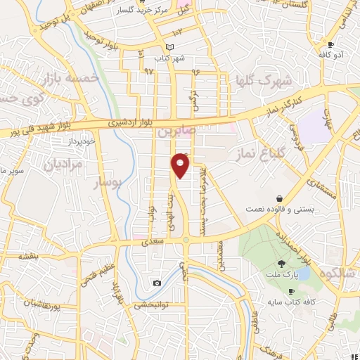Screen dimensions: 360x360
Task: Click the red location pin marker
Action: (x=181, y=166)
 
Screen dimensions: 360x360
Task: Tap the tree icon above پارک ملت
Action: (x=281, y=263)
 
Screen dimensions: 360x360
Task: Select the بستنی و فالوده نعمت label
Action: (x=280, y=210)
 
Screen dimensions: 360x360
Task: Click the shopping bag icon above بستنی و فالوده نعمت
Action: (x=281, y=199)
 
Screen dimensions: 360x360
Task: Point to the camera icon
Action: (x=156, y=283)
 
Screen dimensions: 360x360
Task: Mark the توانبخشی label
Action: (x=148, y=305)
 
